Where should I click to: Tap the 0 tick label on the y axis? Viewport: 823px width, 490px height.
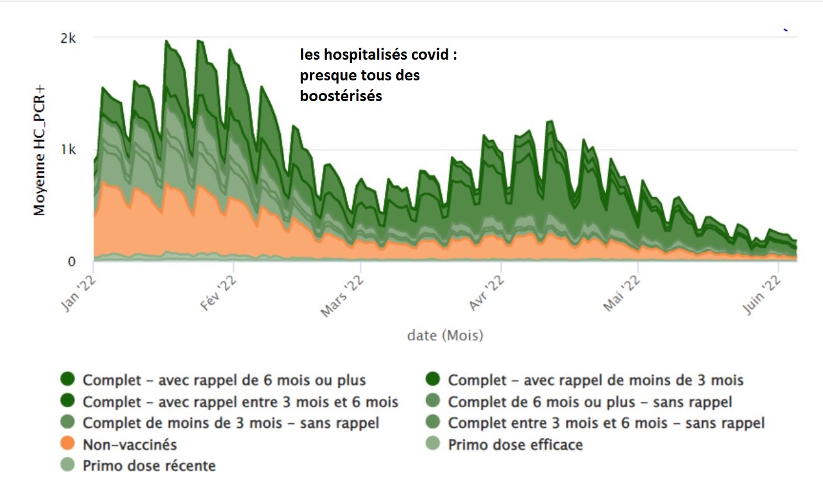tap(72, 261)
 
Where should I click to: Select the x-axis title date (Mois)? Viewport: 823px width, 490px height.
tap(445, 335)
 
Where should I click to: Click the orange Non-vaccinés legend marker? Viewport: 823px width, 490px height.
tap(68, 445)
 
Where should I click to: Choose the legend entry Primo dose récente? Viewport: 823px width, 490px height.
tap(149, 466)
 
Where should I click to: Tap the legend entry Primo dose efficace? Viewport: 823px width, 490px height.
tap(515, 445)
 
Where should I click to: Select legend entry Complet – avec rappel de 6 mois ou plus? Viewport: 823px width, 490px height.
tap(224, 380)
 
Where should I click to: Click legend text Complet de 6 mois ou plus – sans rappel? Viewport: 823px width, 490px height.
tap(590, 401)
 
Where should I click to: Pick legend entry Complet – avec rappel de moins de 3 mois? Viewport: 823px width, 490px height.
tap(595, 380)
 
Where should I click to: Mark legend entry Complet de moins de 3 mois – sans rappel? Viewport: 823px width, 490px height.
tap(231, 423)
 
